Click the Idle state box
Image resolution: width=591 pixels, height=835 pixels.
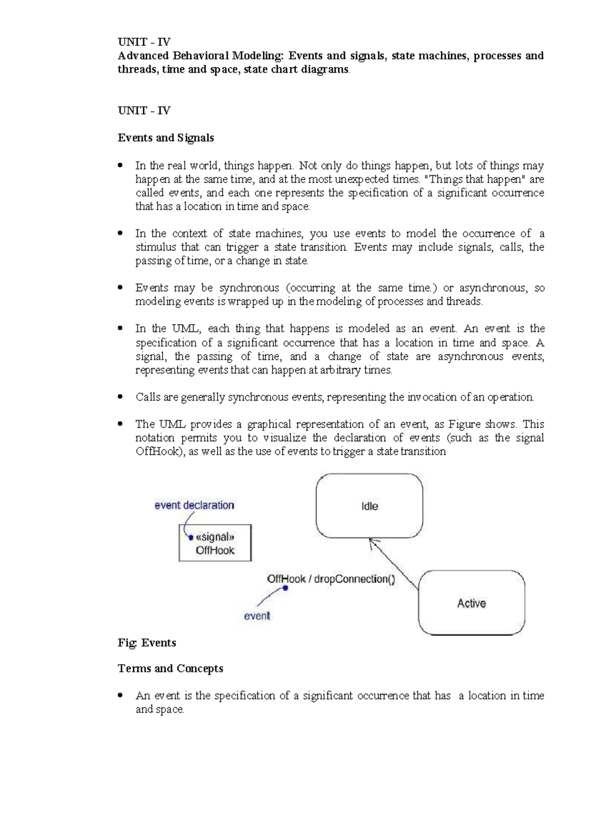click(x=369, y=506)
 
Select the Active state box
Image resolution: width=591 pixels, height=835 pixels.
click(x=471, y=603)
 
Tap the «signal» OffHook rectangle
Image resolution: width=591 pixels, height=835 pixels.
click(x=215, y=543)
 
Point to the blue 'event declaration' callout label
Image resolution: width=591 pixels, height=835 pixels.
click(x=194, y=505)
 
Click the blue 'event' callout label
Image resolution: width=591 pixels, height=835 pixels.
click(x=257, y=615)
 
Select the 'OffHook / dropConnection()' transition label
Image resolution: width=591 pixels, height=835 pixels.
click(x=330, y=579)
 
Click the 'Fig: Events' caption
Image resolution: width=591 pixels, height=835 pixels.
click(x=147, y=642)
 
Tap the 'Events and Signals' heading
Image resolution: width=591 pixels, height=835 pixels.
click(x=165, y=138)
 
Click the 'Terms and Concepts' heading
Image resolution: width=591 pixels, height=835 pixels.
click(x=170, y=669)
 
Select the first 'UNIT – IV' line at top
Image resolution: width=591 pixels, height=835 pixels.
click(x=144, y=42)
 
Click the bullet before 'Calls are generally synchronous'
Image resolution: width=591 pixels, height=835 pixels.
click(x=121, y=397)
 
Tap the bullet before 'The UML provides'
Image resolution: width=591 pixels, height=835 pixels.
click(x=121, y=424)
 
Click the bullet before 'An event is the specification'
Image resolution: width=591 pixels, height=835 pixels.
click(x=121, y=696)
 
